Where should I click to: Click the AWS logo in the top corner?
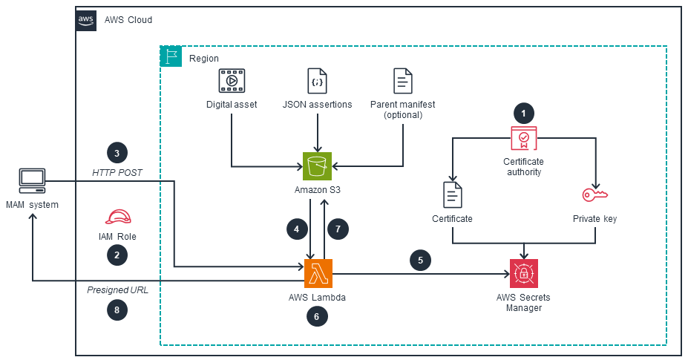(x=86, y=19)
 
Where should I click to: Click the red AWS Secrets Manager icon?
(x=525, y=273)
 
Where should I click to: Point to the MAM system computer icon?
(x=32, y=180)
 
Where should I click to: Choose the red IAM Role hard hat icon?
(x=117, y=217)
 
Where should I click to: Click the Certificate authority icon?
(x=523, y=140)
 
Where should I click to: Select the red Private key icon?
(x=594, y=195)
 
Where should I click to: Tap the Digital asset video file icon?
(x=232, y=80)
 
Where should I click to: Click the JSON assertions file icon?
(x=318, y=80)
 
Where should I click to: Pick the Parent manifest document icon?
(x=403, y=80)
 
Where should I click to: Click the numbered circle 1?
(x=524, y=114)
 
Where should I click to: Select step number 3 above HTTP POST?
(x=117, y=153)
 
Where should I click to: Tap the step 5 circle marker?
(x=421, y=261)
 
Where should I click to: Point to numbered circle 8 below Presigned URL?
(x=117, y=310)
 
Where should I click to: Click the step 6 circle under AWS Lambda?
(x=318, y=316)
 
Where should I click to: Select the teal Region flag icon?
(x=171, y=57)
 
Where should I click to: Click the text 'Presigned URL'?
(x=117, y=289)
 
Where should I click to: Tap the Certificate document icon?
(x=452, y=195)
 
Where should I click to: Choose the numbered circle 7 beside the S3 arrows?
(x=338, y=229)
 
